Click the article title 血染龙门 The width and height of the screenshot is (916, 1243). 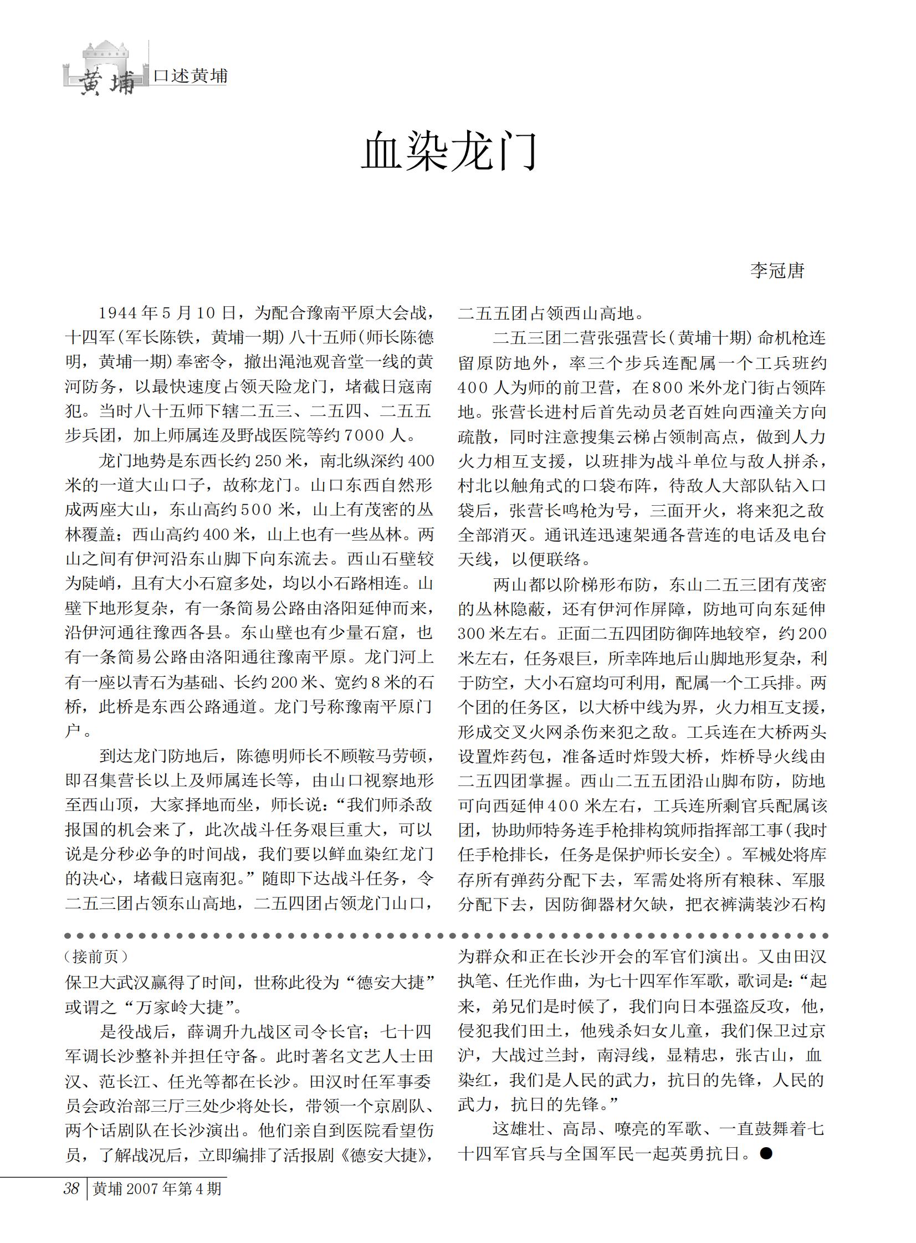pyautogui.click(x=449, y=151)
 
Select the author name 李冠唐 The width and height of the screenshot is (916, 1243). pyautogui.click(x=777, y=270)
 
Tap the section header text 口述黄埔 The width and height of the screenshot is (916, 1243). pyautogui.click(x=190, y=76)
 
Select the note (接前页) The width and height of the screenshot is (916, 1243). pyautogui.click(x=96, y=957)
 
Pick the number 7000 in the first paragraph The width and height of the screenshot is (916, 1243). pyautogui.click(x=364, y=435)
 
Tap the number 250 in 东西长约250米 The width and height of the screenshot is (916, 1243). pyautogui.click(x=272, y=460)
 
